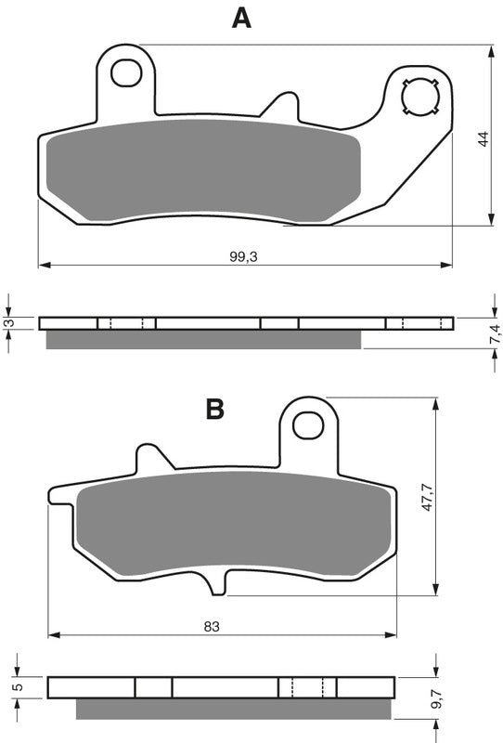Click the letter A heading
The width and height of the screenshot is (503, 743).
(x=241, y=18)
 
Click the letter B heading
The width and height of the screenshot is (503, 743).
(x=215, y=408)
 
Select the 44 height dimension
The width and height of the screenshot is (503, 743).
(x=482, y=139)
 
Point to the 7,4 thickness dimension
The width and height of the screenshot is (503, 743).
(x=495, y=331)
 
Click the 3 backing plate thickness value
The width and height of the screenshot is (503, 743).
(x=8, y=323)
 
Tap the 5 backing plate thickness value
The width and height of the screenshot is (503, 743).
(x=17, y=687)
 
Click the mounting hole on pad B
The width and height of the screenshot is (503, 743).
(x=307, y=424)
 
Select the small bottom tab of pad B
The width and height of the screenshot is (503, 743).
(x=216, y=581)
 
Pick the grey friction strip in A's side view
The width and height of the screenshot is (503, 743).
(x=202, y=340)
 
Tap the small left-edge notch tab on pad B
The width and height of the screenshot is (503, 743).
(x=58, y=504)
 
